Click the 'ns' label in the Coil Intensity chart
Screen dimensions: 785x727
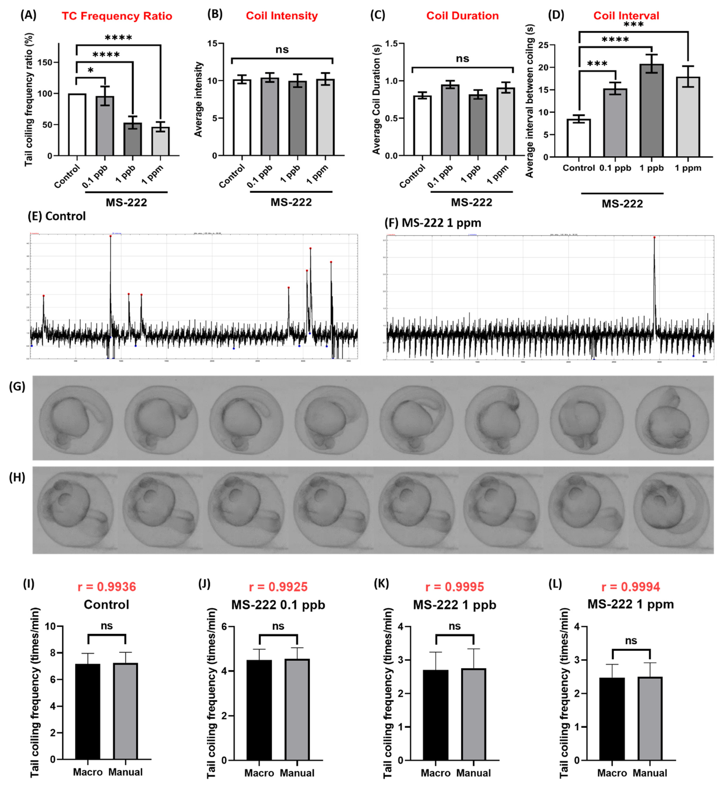(x=282, y=50)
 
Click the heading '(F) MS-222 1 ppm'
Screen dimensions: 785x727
(x=433, y=223)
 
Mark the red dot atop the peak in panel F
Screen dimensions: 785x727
(x=654, y=237)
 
